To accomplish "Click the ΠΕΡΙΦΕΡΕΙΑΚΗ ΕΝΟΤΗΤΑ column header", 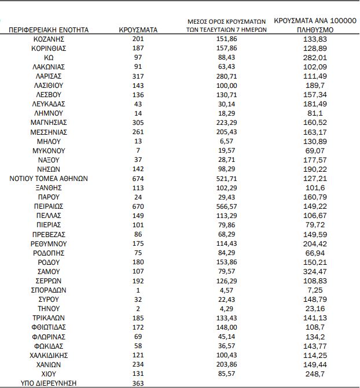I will pos(49,29).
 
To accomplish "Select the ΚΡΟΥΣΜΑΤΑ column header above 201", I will pos(138,29).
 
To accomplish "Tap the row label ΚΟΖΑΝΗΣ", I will pos(49,39).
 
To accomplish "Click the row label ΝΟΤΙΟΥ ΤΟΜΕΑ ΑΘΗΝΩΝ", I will pos(49,179).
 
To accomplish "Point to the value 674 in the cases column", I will pos(138,179).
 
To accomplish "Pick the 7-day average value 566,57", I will pos(226,206).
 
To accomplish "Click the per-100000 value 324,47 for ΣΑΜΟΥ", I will pos(314,272).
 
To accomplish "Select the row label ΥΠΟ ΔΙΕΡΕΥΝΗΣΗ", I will pos(49,383).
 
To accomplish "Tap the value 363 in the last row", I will pos(138,383).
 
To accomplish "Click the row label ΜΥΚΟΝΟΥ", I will pos(49,150).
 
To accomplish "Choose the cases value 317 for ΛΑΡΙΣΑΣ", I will pos(138,76).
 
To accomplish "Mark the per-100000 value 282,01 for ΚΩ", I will pos(314,57).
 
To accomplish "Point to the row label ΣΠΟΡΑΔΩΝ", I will pos(49,290).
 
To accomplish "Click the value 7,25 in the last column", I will pos(314,290).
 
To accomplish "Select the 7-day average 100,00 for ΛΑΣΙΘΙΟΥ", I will pos(226,85).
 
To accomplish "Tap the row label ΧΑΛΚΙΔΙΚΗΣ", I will pos(49,356).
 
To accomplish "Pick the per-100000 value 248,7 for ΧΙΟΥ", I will pos(314,374).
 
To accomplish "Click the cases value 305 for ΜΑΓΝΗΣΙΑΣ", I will pos(138,123).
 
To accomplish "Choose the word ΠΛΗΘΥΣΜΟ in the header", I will pos(314,29).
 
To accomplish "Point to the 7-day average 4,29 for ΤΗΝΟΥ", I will pos(226,309).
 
